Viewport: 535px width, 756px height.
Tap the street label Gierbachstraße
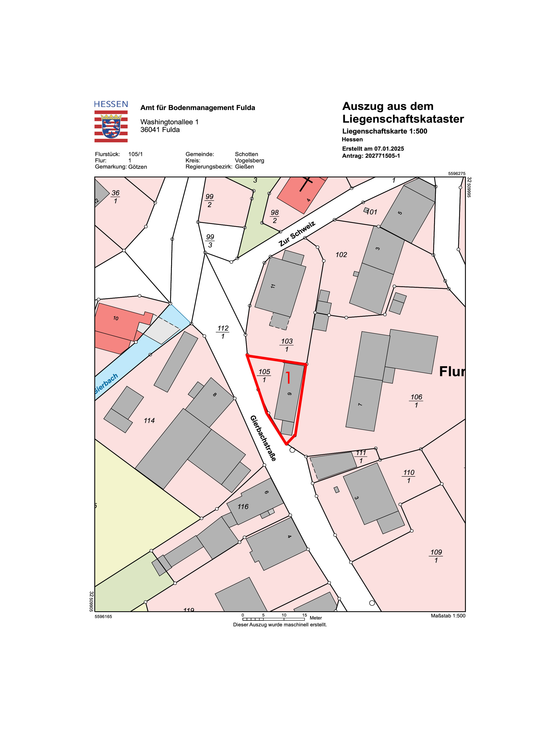coord(263,438)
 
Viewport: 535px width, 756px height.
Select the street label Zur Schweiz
coord(297,234)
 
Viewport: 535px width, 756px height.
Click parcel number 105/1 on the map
coord(264,375)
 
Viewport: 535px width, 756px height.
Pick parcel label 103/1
coord(287,345)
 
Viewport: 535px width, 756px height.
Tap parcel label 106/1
coord(416,401)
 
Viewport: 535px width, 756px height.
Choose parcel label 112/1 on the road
coord(223,332)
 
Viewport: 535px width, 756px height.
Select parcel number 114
coord(149,420)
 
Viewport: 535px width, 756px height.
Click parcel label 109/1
coord(436,556)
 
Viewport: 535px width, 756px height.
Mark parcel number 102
coord(341,255)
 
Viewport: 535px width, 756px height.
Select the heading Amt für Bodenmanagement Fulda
coord(198,108)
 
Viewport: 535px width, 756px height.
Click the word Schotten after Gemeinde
coord(246,154)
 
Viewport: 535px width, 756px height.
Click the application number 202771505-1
coord(382,156)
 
